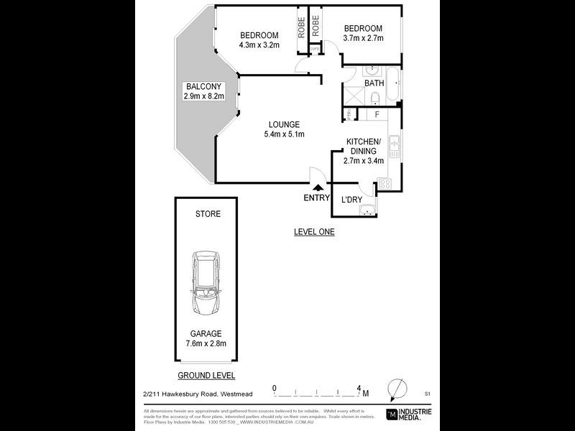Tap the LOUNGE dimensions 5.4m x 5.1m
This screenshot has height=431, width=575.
(285, 134)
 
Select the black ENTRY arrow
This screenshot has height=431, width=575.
(317, 187)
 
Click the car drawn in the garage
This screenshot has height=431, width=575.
(207, 286)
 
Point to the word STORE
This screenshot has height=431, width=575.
(208, 214)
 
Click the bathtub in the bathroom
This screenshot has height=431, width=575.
(394, 84)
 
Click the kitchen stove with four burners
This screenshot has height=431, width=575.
(385, 184)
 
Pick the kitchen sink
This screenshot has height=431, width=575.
(393, 147)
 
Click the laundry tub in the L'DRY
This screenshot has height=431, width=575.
(367, 210)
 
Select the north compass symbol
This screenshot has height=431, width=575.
(395, 390)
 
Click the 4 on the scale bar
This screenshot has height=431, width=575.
(358, 388)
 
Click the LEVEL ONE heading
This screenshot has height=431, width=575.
(314, 231)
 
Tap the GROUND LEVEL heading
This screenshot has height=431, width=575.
(207, 375)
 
